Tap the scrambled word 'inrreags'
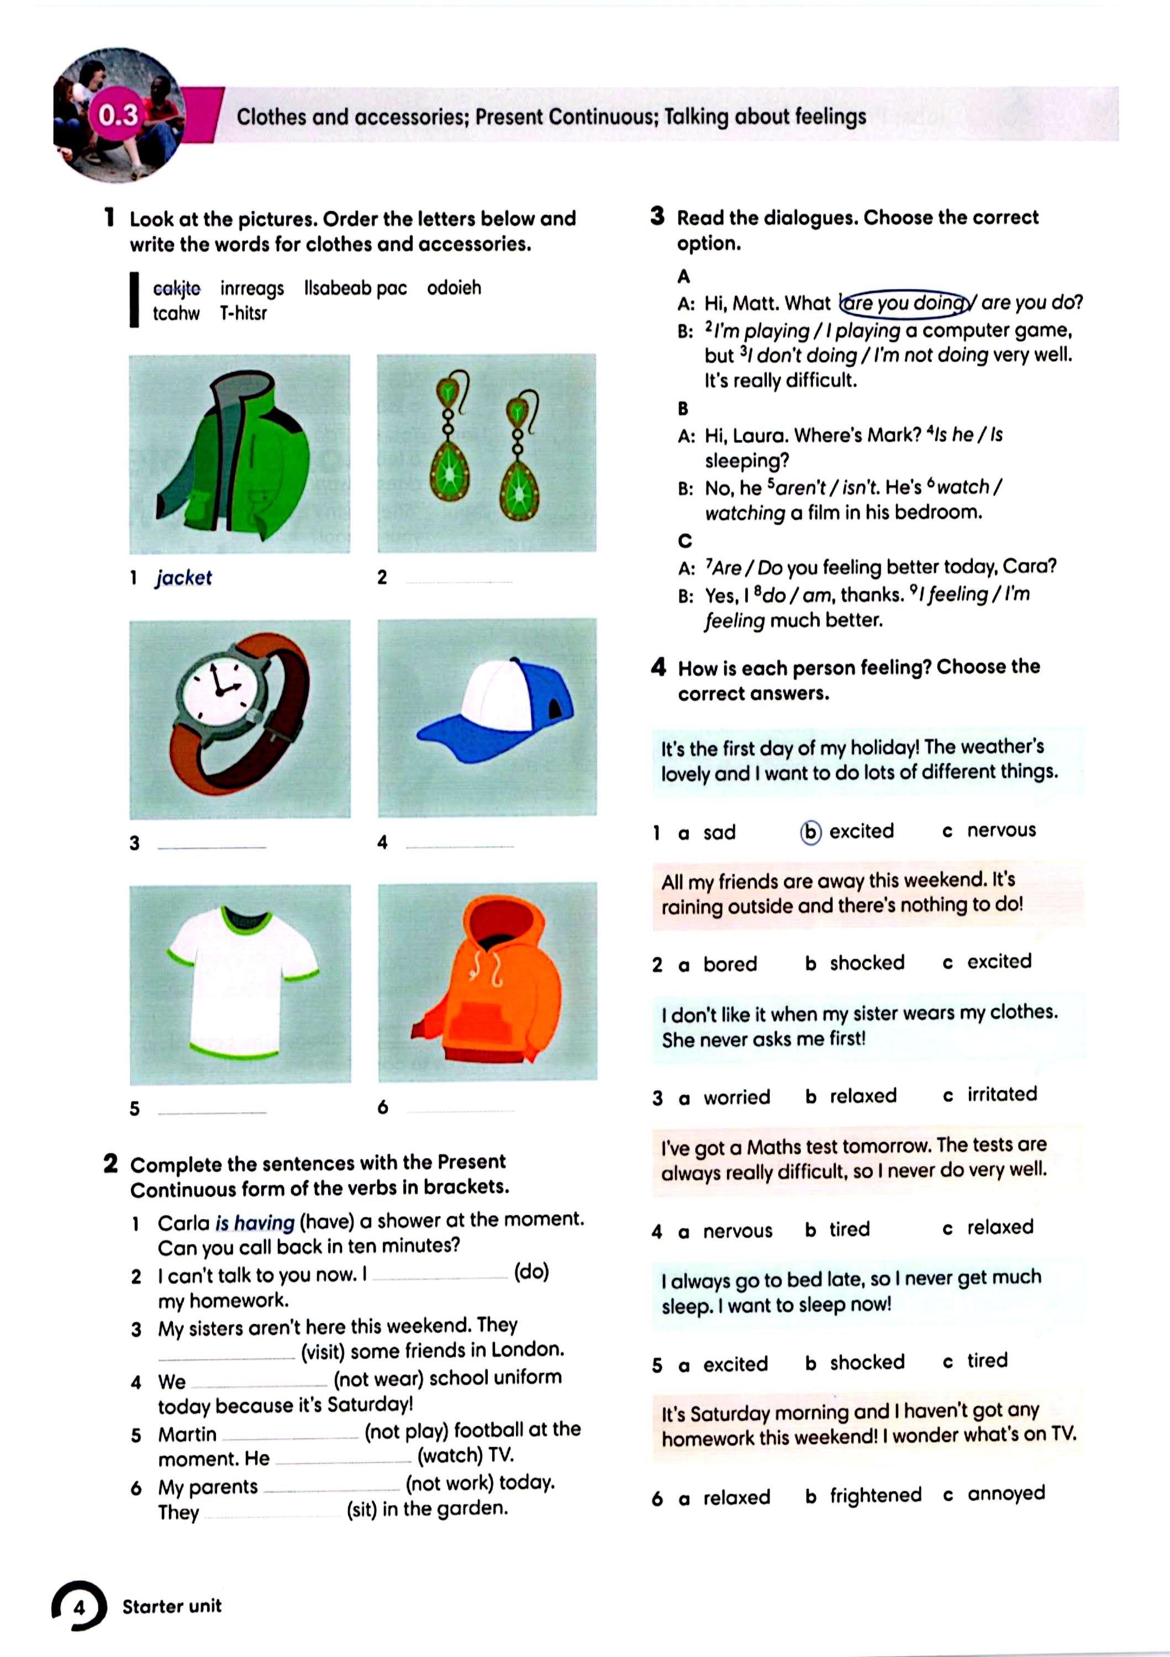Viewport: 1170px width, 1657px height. tap(252, 289)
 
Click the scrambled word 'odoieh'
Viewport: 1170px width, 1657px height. tap(454, 288)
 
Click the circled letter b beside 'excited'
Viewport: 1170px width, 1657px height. tap(810, 832)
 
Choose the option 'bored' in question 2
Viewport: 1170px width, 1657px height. tap(730, 964)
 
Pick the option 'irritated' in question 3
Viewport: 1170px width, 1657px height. tap(1002, 1094)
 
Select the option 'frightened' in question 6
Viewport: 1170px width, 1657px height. tap(875, 1495)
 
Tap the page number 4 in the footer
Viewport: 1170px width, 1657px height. tap(80, 1607)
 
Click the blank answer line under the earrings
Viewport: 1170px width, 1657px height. tap(460, 581)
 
